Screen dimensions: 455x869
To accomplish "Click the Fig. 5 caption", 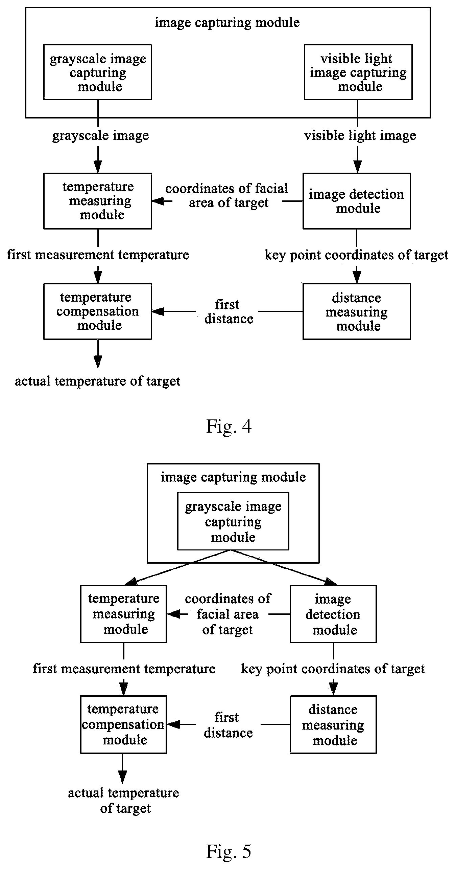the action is click(x=229, y=851).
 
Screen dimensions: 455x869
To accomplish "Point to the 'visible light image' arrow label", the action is click(x=360, y=136).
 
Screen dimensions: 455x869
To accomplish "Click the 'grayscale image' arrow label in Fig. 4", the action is click(x=100, y=136).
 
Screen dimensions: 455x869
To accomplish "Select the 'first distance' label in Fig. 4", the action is click(x=229, y=311).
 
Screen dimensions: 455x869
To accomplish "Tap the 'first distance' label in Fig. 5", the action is click(x=228, y=725).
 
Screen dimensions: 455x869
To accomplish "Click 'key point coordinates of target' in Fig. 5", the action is click(x=333, y=669).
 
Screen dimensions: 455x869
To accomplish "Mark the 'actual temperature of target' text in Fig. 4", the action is click(x=97, y=381).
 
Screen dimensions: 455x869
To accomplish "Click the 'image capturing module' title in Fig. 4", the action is click(x=227, y=23).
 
